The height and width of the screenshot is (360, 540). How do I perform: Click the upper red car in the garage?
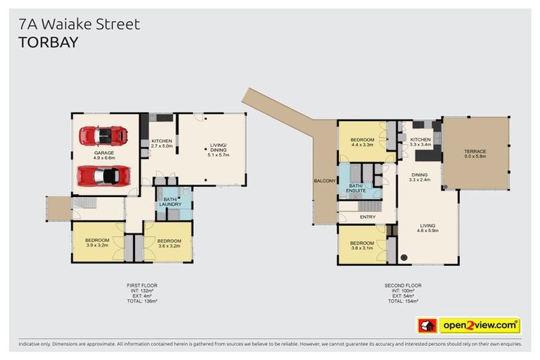(x=103, y=135)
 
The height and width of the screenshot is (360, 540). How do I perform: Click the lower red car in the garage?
(x=103, y=174)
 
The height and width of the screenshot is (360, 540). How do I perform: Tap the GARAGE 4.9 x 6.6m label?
(x=104, y=155)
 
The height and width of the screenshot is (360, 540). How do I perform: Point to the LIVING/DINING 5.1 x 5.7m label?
(x=218, y=150)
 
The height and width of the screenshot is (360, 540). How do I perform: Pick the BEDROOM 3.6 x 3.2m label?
(x=169, y=243)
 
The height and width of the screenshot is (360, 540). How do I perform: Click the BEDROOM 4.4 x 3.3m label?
(x=362, y=142)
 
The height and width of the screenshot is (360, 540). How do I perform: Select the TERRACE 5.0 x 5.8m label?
(x=475, y=155)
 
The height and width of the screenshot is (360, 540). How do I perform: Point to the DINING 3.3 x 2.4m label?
(x=420, y=177)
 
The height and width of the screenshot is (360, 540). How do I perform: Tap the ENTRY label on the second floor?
(x=367, y=217)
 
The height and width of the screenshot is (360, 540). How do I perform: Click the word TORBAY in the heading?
(x=49, y=42)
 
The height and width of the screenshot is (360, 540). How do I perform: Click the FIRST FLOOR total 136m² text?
(x=142, y=301)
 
